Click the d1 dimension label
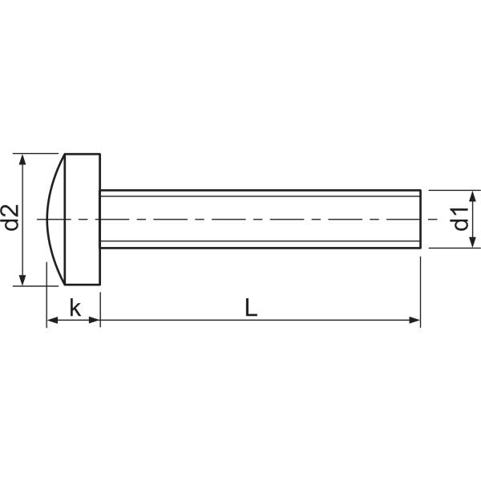461,219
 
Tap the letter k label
75,308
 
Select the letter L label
251,308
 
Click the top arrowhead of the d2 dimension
22,160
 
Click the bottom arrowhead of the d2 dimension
22,280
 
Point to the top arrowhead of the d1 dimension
473,196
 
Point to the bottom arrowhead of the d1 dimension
473,242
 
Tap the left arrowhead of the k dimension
53,320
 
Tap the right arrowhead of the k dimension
95,320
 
